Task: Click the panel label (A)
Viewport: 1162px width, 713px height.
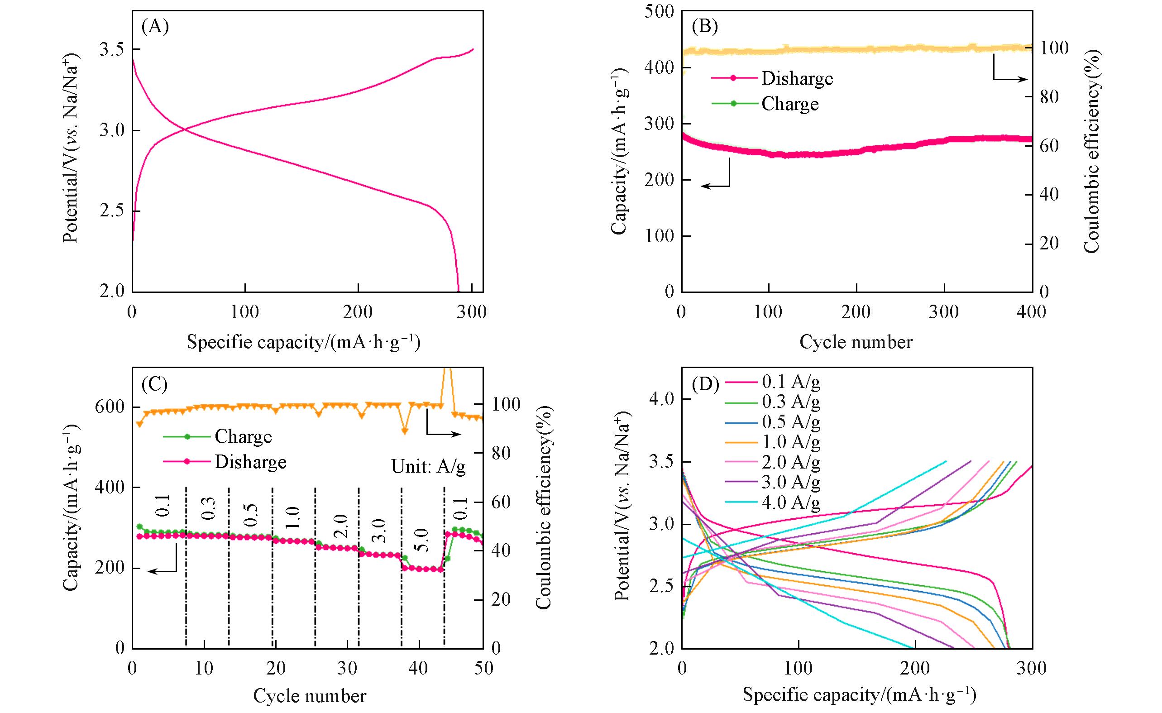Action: (155, 27)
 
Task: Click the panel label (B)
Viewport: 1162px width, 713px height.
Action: (704, 27)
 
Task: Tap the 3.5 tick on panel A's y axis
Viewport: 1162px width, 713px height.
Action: (112, 49)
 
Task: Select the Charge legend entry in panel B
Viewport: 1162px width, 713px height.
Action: (789, 104)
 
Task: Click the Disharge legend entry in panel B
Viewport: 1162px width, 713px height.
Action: (797, 78)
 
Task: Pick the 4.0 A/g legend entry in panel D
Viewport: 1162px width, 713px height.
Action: (791, 502)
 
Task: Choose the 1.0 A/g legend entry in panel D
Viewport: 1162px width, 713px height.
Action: (791, 442)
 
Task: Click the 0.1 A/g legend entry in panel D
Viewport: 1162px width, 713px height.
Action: (791, 382)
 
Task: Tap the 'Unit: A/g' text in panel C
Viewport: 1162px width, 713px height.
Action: (428, 466)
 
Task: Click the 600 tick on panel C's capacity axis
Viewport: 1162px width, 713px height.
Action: (110, 407)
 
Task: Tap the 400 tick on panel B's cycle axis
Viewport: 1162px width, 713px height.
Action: (1031, 312)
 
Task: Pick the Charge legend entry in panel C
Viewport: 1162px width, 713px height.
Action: (243, 437)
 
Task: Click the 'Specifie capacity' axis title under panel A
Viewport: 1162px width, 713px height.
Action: (303, 342)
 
